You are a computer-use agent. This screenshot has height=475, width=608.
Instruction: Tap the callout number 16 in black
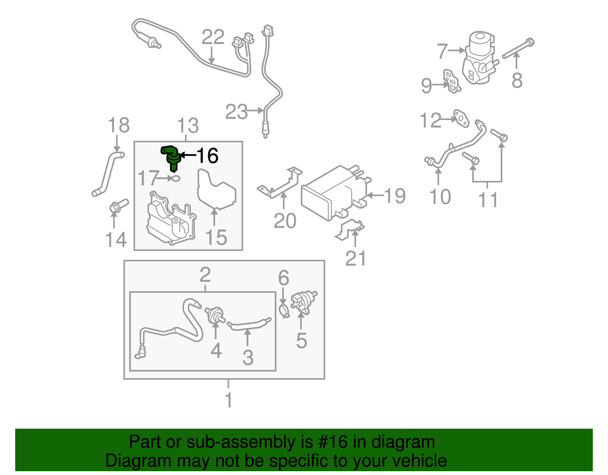[207, 156]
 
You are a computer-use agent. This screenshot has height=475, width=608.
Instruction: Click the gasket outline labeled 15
[216, 190]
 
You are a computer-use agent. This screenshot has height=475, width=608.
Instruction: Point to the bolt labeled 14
[119, 205]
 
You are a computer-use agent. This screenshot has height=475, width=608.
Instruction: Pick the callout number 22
[213, 37]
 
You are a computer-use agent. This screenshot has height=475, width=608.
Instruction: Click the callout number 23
[236, 112]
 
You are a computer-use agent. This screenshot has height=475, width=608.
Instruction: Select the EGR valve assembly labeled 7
[479, 59]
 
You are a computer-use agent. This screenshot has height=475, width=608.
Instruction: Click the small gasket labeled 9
[452, 81]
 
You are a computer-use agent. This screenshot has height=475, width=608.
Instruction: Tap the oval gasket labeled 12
[461, 118]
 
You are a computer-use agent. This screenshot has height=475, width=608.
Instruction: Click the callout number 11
[488, 200]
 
